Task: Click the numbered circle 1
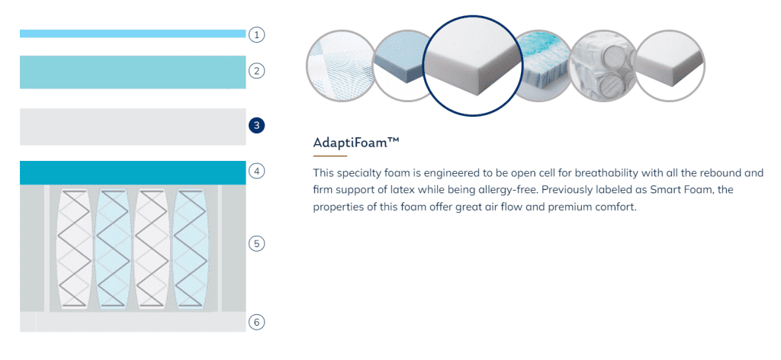tap(256, 34)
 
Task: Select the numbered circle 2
tap(256, 71)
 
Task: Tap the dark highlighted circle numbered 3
tap(256, 125)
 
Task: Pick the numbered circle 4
tap(256, 172)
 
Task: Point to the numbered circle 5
tap(256, 243)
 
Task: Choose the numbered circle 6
tap(256, 322)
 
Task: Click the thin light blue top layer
tap(133, 34)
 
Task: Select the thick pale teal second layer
tap(133, 72)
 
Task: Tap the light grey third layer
tap(133, 127)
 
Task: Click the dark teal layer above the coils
tap(133, 172)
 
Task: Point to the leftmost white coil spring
tap(75, 247)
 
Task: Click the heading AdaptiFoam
tap(356, 143)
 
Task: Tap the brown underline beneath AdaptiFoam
tap(329, 156)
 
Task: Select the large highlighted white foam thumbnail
tap(473, 66)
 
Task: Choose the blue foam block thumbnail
tap(404, 66)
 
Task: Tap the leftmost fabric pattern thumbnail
tap(339, 66)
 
